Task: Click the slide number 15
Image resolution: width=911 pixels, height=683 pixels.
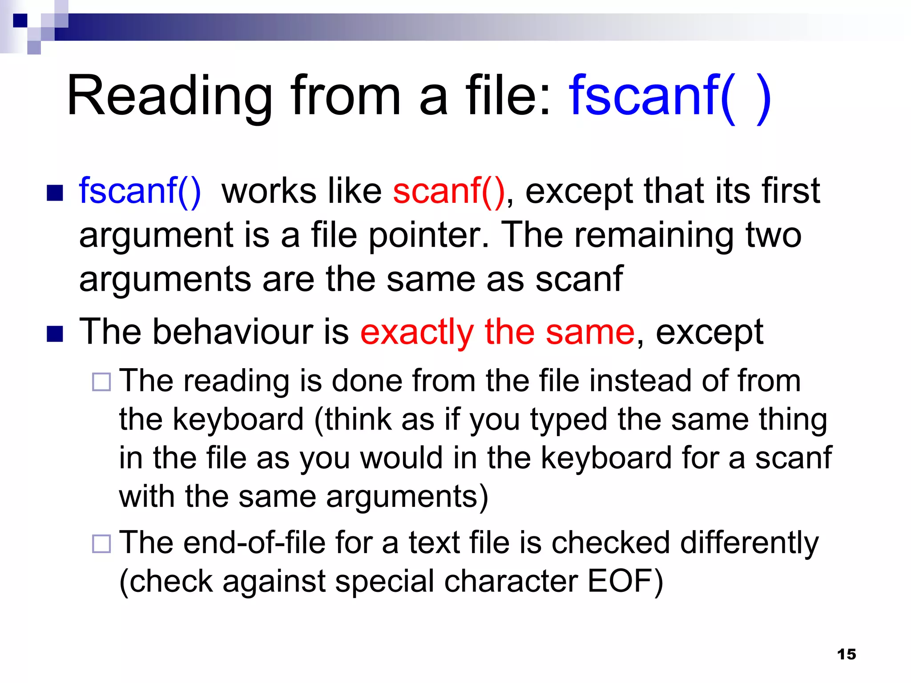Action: coord(846,654)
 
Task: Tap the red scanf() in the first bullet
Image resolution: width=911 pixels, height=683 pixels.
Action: coord(449,191)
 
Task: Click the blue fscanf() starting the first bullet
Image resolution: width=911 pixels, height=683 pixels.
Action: coord(140,191)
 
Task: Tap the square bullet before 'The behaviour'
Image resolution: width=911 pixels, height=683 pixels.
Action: coord(55,334)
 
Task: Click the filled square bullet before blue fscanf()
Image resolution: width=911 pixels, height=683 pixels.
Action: coord(55,193)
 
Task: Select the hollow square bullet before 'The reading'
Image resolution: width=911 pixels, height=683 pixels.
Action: coord(101,382)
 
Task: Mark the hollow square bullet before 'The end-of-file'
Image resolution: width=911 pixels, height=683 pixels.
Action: coord(101,543)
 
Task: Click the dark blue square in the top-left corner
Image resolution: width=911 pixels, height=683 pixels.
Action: coord(20,20)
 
